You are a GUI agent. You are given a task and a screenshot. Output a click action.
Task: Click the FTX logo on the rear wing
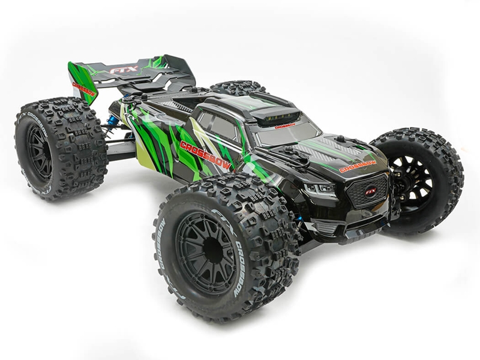click(124, 69)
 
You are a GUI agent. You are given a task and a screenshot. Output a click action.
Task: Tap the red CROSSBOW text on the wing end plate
click(84, 89)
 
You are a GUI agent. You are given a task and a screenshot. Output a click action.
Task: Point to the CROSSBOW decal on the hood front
click(358, 166)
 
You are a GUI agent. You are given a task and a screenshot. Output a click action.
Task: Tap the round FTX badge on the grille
click(371, 190)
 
